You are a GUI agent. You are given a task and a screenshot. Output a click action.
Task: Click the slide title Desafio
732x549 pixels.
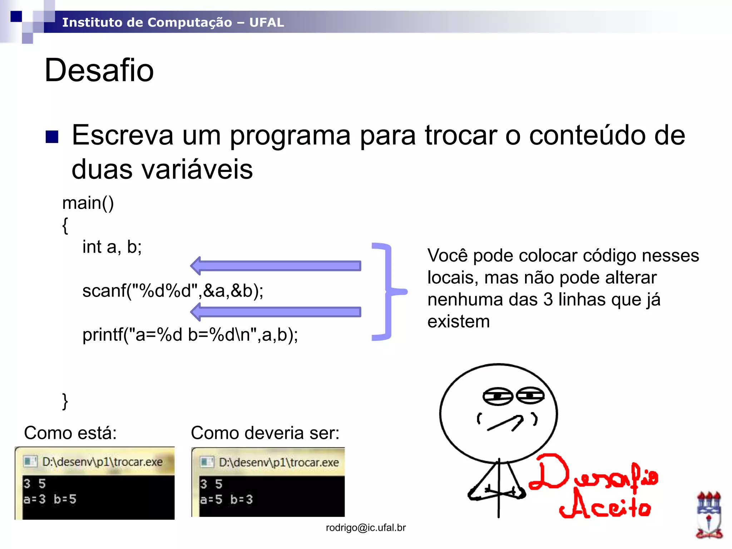tap(99, 70)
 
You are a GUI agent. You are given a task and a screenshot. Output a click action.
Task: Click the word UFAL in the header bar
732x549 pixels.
tap(267, 23)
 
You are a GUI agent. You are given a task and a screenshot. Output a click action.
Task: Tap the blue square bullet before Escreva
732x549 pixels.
tap(52, 137)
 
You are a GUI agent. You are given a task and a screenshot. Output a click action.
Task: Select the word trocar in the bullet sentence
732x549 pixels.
tap(461, 135)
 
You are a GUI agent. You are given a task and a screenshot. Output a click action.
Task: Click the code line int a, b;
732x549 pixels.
tap(112, 247)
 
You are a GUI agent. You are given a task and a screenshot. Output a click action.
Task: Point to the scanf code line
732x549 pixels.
tap(173, 291)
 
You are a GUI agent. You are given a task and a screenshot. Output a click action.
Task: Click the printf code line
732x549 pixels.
tap(190, 335)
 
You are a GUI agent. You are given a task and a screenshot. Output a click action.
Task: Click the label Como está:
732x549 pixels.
tap(70, 433)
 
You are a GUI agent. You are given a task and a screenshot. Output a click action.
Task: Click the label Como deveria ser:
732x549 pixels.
tap(265, 433)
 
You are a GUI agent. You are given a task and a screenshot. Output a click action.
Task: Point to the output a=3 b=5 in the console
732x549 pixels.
tap(50, 499)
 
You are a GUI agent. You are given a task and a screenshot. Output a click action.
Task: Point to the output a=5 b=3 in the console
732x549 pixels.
tap(226, 499)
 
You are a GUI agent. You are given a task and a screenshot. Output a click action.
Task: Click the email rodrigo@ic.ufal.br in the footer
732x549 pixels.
tap(366, 528)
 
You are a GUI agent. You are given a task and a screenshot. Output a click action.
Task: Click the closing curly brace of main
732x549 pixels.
tap(65, 401)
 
